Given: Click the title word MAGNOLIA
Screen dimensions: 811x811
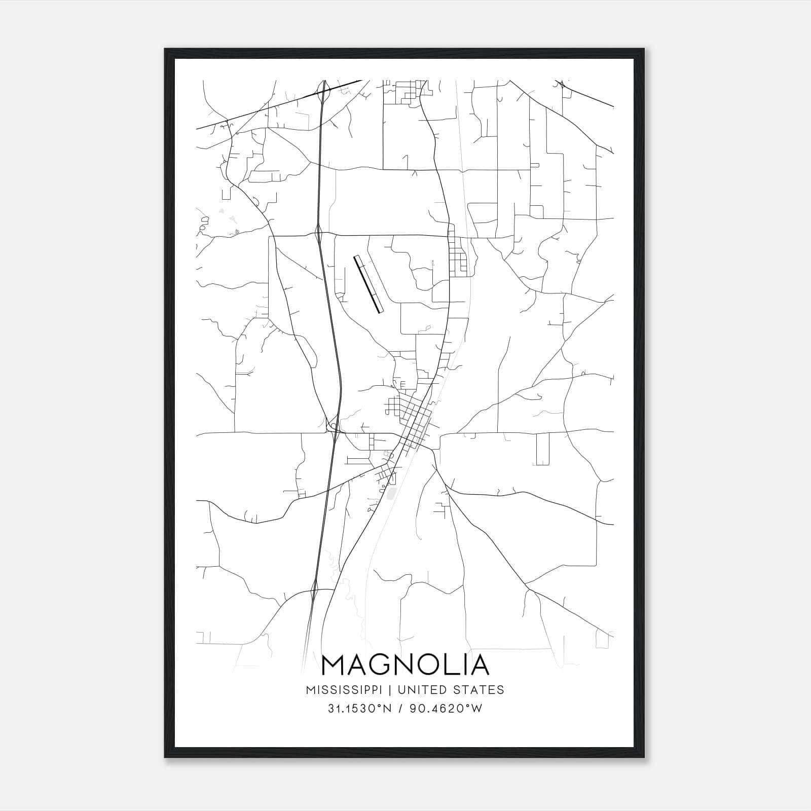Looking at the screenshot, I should point(405,665).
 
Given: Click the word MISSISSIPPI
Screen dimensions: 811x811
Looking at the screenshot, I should point(347,690).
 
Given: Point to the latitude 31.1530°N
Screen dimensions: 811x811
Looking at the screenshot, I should point(359,709).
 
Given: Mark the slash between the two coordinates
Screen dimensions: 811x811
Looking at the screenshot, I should point(401,709).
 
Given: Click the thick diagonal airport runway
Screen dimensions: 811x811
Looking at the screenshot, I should point(368,284).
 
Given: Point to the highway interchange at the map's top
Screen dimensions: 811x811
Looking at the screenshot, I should point(323,91).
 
